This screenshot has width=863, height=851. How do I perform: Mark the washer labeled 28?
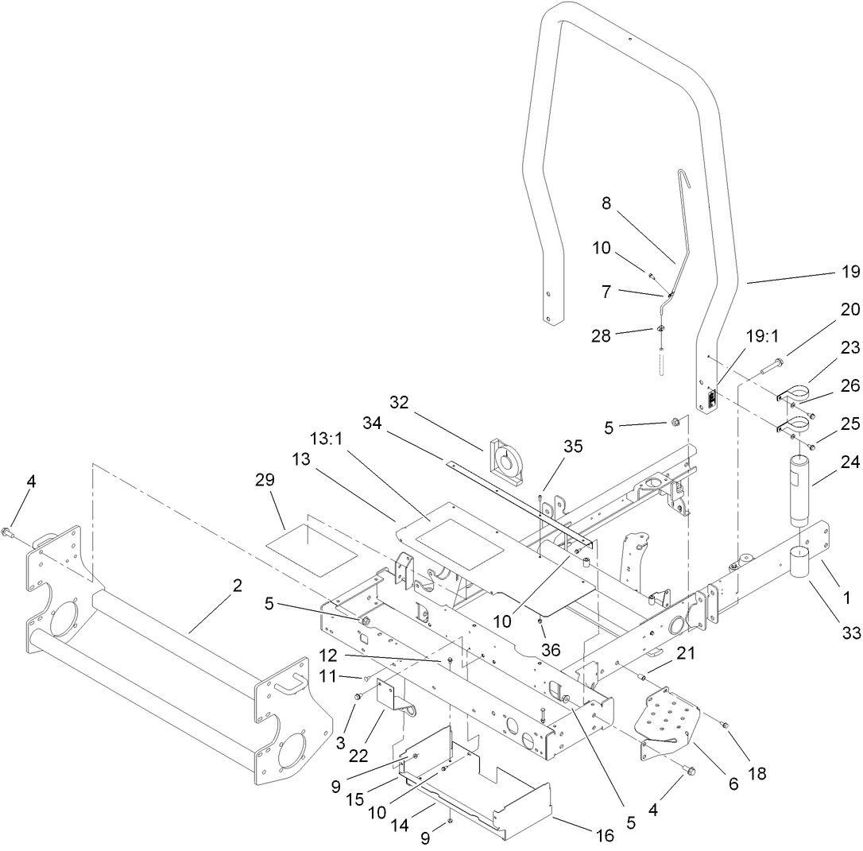click(x=661, y=330)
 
